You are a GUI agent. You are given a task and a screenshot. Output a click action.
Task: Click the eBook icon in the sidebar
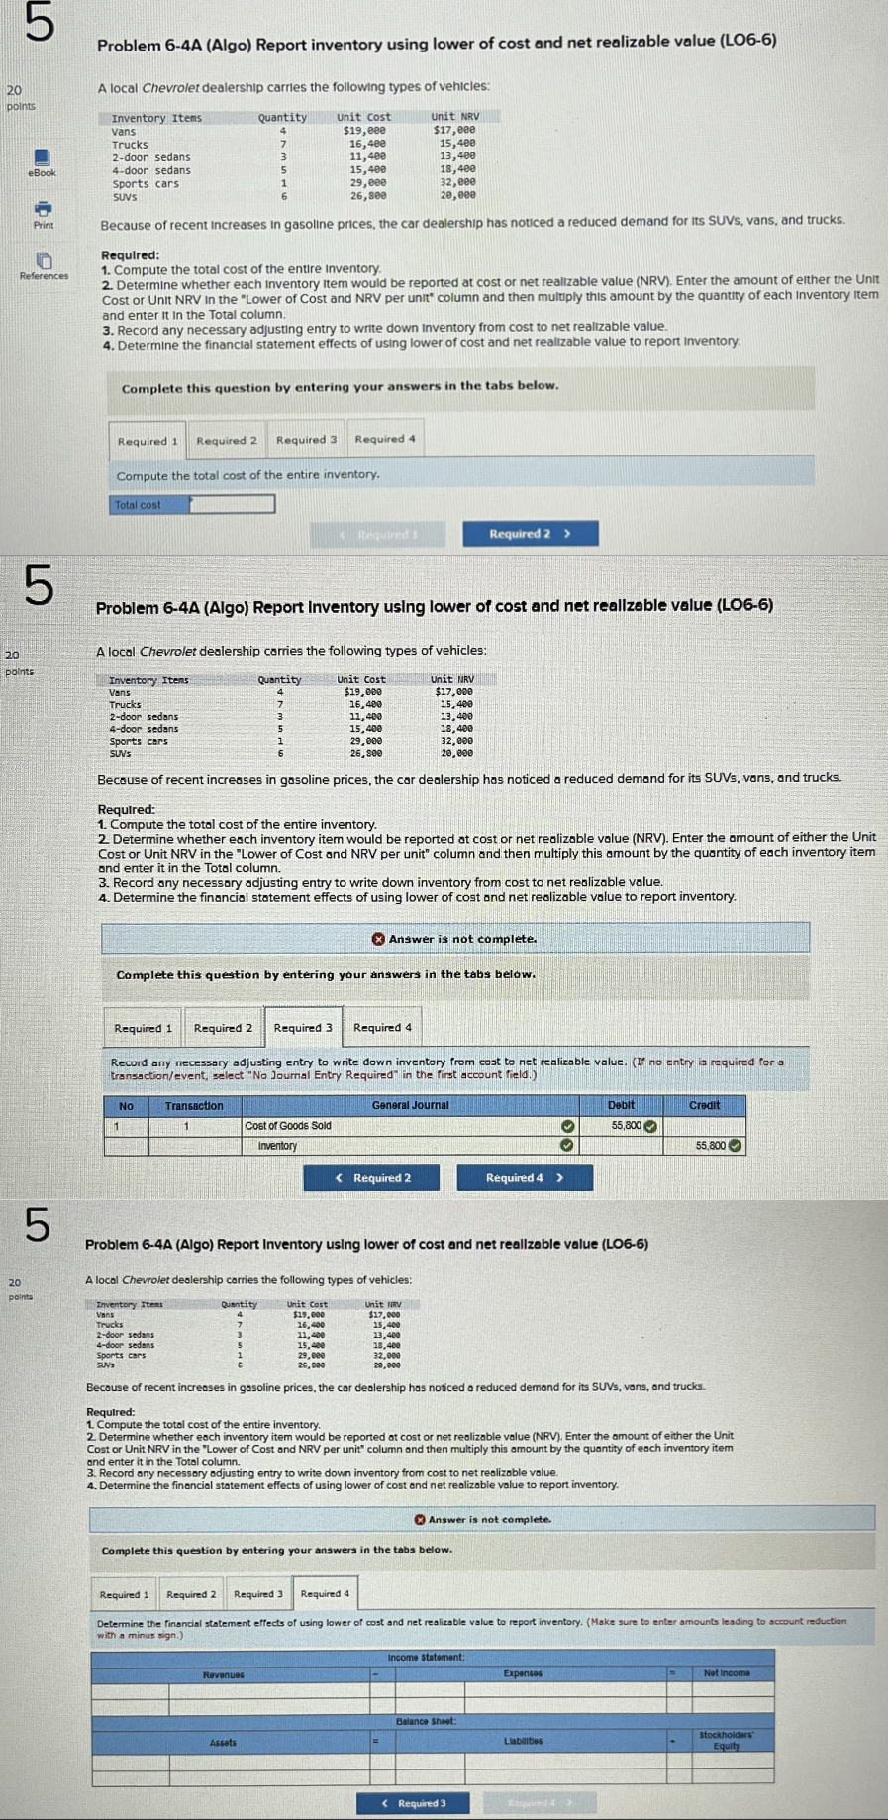(x=42, y=158)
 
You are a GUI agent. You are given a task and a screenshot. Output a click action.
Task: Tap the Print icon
(x=43, y=210)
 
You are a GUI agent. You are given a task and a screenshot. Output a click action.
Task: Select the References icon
(x=44, y=261)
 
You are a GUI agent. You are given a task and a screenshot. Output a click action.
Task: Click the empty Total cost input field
(x=232, y=504)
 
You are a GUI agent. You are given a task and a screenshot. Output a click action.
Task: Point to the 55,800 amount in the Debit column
(x=627, y=1126)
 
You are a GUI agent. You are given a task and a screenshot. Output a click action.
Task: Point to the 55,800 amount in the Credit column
(x=711, y=1146)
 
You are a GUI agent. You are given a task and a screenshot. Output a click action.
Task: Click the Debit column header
(x=621, y=1105)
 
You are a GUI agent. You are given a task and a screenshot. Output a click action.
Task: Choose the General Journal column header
(x=410, y=1105)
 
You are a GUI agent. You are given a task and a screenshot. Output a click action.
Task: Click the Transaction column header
(x=194, y=1106)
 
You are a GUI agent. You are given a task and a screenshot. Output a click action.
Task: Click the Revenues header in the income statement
(x=224, y=1675)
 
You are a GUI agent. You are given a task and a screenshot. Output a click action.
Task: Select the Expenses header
(x=523, y=1674)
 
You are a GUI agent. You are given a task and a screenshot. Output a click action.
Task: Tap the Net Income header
(x=727, y=1674)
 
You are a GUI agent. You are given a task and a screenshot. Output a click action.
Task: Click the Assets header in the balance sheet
(x=223, y=1743)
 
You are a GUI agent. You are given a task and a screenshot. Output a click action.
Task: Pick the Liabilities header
(x=523, y=1742)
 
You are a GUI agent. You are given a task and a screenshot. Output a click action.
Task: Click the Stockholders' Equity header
(x=726, y=1741)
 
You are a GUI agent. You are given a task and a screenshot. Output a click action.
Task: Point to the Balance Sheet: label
(x=426, y=1722)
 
